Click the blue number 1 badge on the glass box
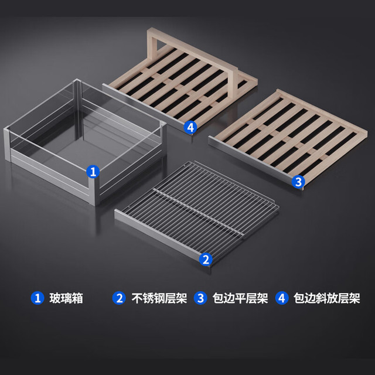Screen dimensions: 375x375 click(x=93, y=172)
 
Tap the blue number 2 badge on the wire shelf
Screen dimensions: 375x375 click(x=206, y=259)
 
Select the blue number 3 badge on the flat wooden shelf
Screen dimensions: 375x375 click(x=298, y=182)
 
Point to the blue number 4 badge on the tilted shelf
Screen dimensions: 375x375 click(x=190, y=128)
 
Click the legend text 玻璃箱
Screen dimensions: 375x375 click(x=66, y=298)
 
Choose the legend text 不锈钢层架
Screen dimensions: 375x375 click(x=159, y=298)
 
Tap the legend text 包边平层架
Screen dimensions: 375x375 click(x=240, y=298)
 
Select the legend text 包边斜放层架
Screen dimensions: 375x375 click(x=327, y=298)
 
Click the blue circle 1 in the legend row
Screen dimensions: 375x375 click(x=37, y=298)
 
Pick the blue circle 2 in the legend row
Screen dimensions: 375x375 click(x=119, y=298)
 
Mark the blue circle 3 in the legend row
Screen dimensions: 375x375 click(x=200, y=298)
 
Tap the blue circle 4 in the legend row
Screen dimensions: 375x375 click(x=282, y=298)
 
